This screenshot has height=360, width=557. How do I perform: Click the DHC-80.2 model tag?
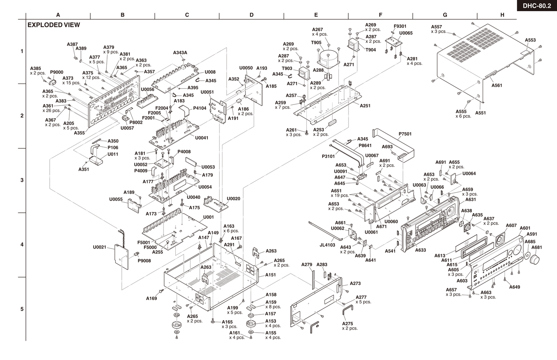(x=537, y=6)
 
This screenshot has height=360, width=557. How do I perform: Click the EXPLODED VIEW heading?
(x=54, y=25)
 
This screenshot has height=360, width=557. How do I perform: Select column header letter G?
(x=445, y=15)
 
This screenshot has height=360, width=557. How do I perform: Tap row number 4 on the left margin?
(x=22, y=245)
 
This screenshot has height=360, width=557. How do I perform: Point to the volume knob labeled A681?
(x=535, y=259)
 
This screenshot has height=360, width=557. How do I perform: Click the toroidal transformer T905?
(x=328, y=59)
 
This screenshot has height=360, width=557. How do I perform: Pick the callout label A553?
(x=530, y=40)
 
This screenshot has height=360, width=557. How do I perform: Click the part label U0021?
(x=99, y=247)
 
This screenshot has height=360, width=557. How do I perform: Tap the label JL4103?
(x=327, y=245)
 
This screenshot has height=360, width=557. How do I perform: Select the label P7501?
(x=405, y=134)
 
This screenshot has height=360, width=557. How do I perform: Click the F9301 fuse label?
(x=400, y=26)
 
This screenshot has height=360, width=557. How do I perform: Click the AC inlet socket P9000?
(x=52, y=82)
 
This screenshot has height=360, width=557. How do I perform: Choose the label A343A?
(x=180, y=52)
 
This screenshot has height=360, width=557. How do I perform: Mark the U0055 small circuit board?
(x=135, y=206)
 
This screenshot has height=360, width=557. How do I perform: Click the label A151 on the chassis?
(x=271, y=275)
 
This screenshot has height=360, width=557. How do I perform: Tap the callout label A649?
(x=515, y=287)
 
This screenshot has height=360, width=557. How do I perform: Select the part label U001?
(x=209, y=217)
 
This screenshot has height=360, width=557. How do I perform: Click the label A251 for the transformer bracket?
(x=365, y=106)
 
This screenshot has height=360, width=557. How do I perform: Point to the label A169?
(x=151, y=298)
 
